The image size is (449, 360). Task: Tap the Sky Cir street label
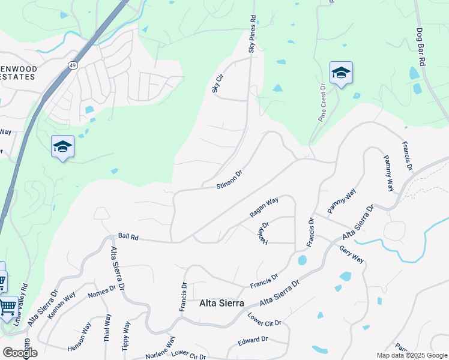(217, 83)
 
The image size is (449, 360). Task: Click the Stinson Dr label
(229, 179)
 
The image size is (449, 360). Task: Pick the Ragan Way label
(264, 207)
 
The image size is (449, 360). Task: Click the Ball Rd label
(128, 238)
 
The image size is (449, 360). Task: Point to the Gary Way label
(351, 254)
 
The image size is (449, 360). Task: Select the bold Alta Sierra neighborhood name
(221, 304)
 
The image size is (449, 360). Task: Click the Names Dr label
(101, 292)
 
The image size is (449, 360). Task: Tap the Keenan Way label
(62, 304)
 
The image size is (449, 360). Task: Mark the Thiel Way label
(107, 327)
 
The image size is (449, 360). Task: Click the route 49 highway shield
(72, 65)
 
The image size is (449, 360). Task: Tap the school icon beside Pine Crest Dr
(341, 73)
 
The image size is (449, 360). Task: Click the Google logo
(20, 353)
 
